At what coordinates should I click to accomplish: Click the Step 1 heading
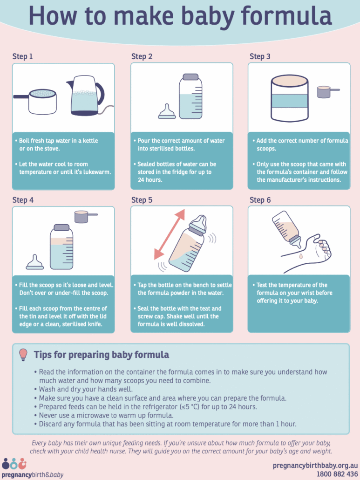point(22,56)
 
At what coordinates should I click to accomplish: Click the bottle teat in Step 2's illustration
point(167,111)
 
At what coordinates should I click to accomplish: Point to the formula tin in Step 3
point(290,98)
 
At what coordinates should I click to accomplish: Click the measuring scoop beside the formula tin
point(327,91)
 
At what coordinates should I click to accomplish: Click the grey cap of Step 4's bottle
point(61,227)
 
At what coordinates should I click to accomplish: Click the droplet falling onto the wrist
point(301,256)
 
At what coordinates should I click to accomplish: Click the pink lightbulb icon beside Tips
point(23,355)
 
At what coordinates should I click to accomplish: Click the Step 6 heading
point(260,200)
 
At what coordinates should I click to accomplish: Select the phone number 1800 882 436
point(337,474)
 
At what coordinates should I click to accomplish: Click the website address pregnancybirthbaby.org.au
point(315,466)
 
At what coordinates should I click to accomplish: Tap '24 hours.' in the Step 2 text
point(150,180)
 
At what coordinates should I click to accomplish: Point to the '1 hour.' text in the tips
point(286,424)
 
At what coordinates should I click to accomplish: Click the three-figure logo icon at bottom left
point(14,464)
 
